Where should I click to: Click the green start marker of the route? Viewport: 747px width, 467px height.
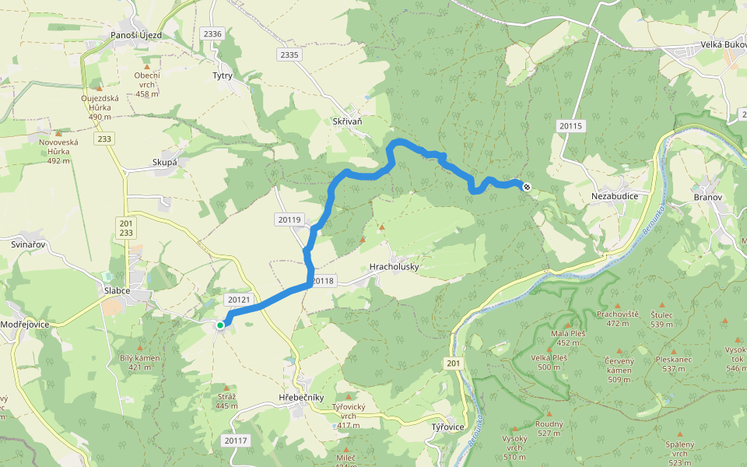220,325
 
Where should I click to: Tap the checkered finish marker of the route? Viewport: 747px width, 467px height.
528,186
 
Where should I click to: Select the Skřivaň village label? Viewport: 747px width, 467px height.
347,121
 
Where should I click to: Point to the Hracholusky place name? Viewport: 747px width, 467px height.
394,266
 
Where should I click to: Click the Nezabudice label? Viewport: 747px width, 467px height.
615,196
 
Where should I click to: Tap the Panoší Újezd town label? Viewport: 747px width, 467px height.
136,35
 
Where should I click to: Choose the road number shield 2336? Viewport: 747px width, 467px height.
212,34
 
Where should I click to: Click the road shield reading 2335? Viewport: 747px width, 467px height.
289,54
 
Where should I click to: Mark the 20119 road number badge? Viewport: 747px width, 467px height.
289,220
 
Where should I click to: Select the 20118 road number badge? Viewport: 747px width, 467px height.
321,281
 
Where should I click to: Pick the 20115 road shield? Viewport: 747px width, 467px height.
570,126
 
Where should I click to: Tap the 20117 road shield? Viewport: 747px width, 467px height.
235,441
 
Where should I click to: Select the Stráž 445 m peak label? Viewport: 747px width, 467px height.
226,401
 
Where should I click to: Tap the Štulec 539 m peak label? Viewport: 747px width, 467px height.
661,319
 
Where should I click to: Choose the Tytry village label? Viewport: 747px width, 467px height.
223,75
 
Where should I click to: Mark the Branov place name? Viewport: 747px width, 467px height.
708,197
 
